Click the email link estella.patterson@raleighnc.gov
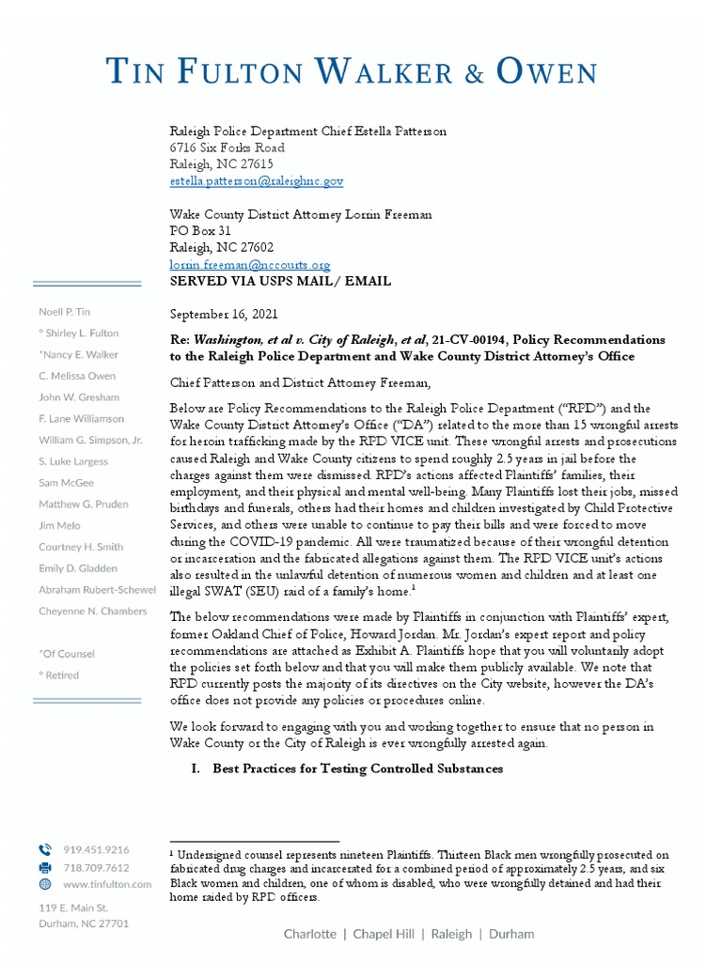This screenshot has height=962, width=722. click(257, 180)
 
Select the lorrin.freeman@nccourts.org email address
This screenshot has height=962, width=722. click(249, 266)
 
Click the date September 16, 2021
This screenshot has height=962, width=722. click(224, 314)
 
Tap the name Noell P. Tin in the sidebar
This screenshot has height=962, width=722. click(65, 311)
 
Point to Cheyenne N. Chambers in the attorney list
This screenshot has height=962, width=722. click(93, 611)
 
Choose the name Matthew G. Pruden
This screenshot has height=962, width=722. click(85, 504)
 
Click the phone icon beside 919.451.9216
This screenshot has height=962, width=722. click(45, 849)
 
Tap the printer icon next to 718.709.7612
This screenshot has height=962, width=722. click(45, 867)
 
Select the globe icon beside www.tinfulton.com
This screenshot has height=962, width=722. click(45, 884)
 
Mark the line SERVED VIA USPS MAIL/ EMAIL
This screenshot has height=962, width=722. click(280, 281)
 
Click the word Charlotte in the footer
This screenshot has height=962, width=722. click(309, 934)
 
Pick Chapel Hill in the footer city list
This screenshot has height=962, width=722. click(385, 934)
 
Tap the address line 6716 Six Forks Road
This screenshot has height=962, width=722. click(227, 147)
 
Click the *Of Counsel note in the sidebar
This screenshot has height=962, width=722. click(67, 653)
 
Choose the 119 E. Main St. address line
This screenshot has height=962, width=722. click(73, 908)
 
